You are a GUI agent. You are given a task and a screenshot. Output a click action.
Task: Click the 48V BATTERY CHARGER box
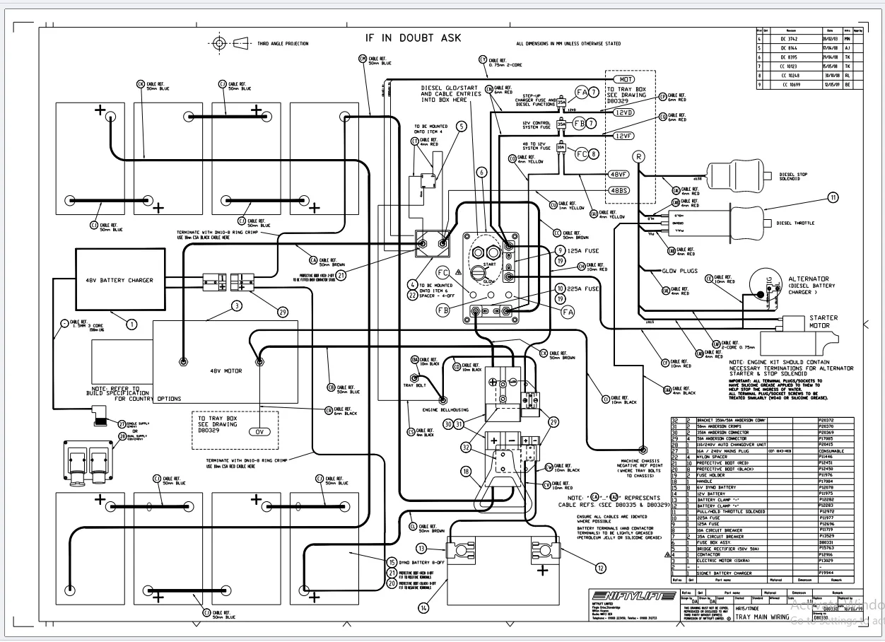pos(120,280)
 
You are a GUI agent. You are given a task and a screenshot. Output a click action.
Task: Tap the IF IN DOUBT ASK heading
pos(413,38)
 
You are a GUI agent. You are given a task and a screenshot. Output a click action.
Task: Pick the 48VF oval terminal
pos(619,174)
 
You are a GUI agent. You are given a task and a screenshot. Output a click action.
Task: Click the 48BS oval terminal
pos(619,190)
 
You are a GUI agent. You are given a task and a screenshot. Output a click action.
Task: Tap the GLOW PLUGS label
pos(679,271)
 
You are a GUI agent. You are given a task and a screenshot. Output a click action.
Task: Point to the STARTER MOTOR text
pos(824,322)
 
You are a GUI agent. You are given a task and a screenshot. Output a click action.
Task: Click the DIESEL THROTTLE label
pos(795,223)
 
